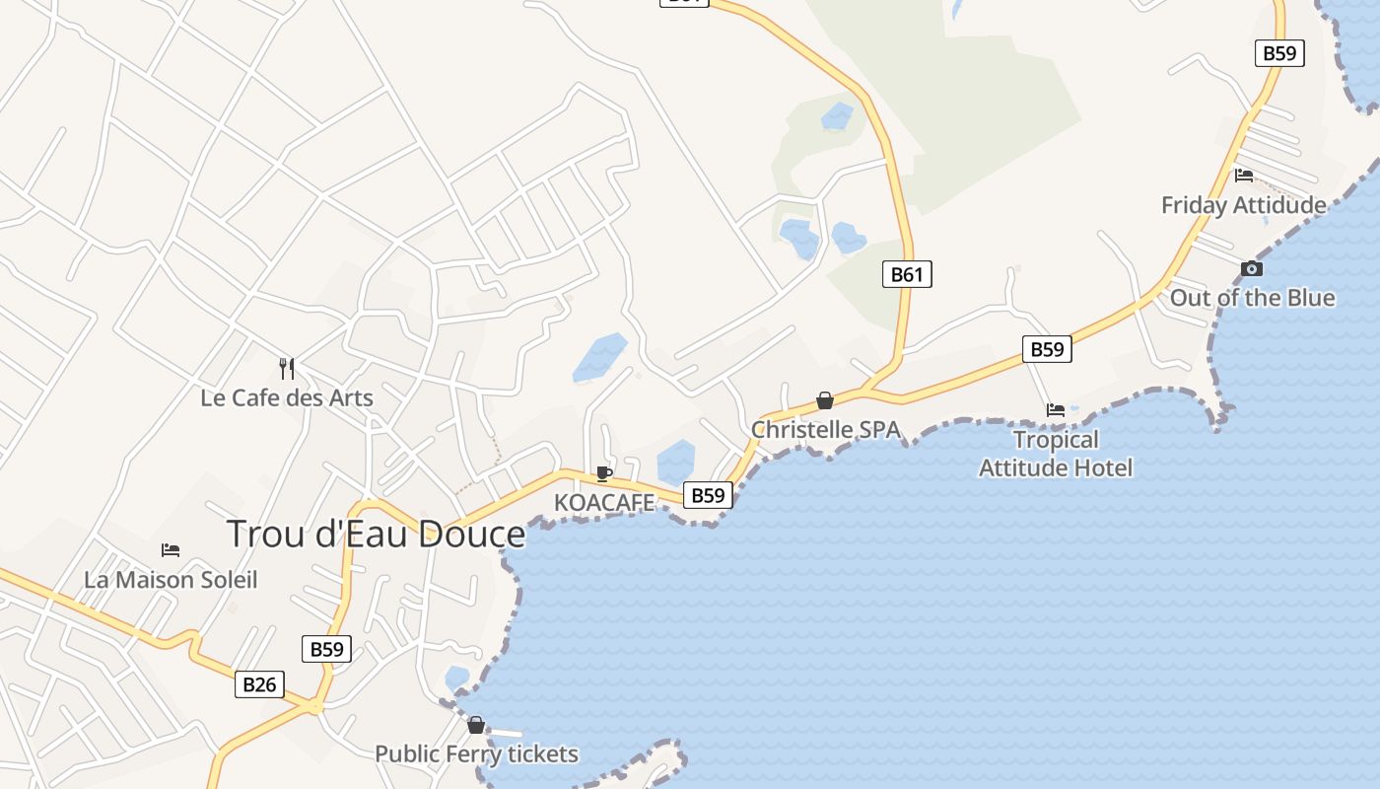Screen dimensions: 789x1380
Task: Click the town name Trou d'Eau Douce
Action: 376,534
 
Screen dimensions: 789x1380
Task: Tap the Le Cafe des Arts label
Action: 287,397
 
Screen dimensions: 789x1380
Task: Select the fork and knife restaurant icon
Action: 287,369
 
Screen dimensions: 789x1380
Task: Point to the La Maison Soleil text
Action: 171,579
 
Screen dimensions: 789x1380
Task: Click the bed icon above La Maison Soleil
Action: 171,549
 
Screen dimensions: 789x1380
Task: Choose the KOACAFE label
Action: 604,502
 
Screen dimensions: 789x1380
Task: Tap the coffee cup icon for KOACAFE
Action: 604,473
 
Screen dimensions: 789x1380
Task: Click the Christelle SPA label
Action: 826,429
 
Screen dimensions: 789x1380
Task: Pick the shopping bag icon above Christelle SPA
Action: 825,400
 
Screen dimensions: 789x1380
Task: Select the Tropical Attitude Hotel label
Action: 1056,453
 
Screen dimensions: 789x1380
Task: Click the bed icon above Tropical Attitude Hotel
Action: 1056,409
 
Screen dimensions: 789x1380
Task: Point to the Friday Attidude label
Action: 1243,205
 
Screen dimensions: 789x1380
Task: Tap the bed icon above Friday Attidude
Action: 1244,176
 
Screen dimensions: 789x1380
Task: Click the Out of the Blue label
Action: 1252,297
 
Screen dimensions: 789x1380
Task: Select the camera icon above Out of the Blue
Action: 1252,268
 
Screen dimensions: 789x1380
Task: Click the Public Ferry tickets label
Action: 476,754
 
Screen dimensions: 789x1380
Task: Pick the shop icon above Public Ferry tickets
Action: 476,725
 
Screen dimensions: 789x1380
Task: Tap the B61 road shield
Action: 907,274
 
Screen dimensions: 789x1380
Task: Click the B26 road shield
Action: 260,683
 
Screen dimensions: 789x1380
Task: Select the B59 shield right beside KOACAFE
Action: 708,495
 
